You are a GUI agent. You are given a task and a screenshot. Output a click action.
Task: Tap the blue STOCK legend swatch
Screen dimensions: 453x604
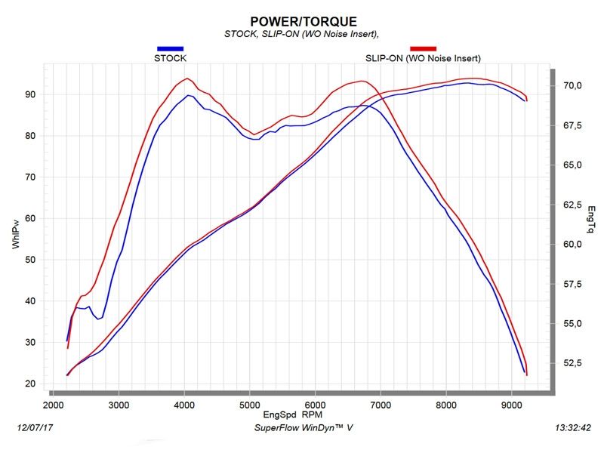(x=170, y=48)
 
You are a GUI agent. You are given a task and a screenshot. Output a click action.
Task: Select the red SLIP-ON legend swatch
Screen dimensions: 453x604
(x=422, y=48)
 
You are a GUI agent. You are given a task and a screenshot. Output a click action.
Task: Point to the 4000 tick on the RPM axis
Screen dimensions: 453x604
(x=184, y=405)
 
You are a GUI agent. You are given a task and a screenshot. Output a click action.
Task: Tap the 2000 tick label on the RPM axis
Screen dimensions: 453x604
(x=54, y=405)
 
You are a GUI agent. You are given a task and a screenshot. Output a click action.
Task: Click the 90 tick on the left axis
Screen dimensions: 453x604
(x=31, y=94)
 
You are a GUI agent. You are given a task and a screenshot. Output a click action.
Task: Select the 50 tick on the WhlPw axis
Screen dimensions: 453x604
(x=31, y=260)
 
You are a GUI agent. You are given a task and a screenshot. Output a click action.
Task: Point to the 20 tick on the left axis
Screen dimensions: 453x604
(x=31, y=384)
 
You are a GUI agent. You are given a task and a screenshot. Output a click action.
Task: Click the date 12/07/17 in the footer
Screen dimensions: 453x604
(x=35, y=428)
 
